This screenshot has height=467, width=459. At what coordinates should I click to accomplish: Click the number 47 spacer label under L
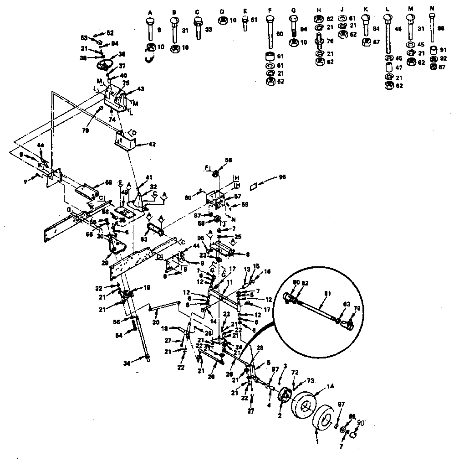point(399,67)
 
